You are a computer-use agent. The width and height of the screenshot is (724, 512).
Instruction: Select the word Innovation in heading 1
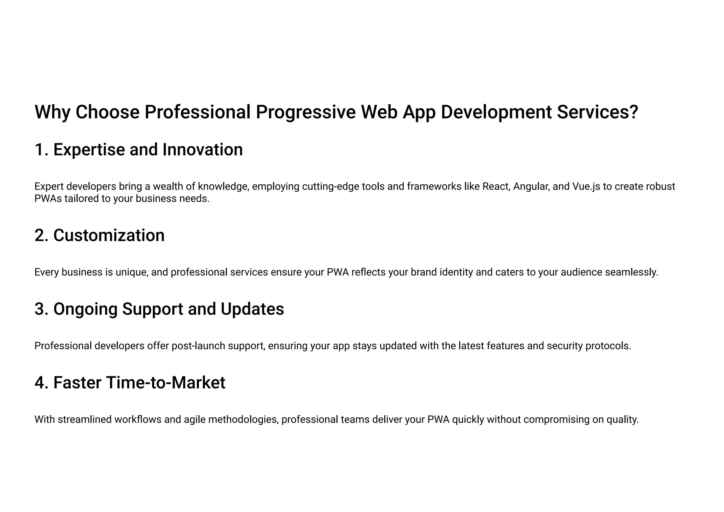tap(203, 150)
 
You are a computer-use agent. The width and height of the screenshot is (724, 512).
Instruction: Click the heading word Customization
tap(109, 235)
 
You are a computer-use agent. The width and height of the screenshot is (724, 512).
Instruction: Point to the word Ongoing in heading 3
tap(86, 310)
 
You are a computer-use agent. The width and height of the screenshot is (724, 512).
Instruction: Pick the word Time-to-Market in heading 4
tap(165, 383)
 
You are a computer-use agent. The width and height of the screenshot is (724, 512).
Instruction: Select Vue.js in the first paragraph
tap(585, 186)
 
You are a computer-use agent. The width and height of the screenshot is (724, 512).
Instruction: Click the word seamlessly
tap(631, 273)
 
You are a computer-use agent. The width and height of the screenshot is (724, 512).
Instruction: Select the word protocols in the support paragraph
tap(608, 346)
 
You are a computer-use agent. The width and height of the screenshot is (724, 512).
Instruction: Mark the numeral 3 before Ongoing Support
tap(40, 309)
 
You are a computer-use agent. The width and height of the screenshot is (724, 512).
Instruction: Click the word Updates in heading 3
tap(252, 309)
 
